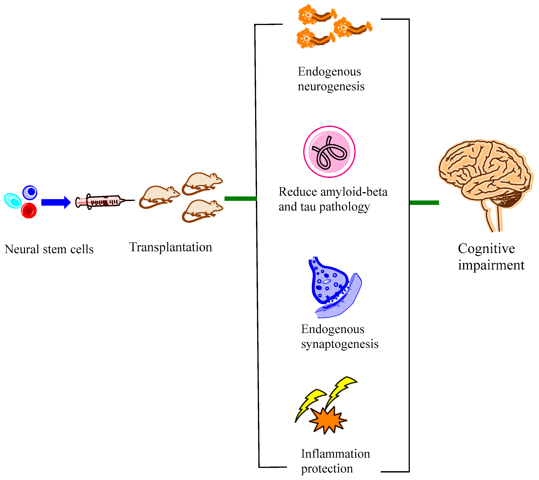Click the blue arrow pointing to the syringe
[56, 202]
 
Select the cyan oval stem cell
[13, 200]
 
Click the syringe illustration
[104, 202]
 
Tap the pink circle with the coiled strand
[329, 152]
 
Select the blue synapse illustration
[334, 288]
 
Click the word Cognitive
[486, 249]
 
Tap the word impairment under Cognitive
[491, 265]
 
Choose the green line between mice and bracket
[240, 198]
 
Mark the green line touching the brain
[424, 202]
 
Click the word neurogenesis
[331, 87]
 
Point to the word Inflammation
[335, 454]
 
